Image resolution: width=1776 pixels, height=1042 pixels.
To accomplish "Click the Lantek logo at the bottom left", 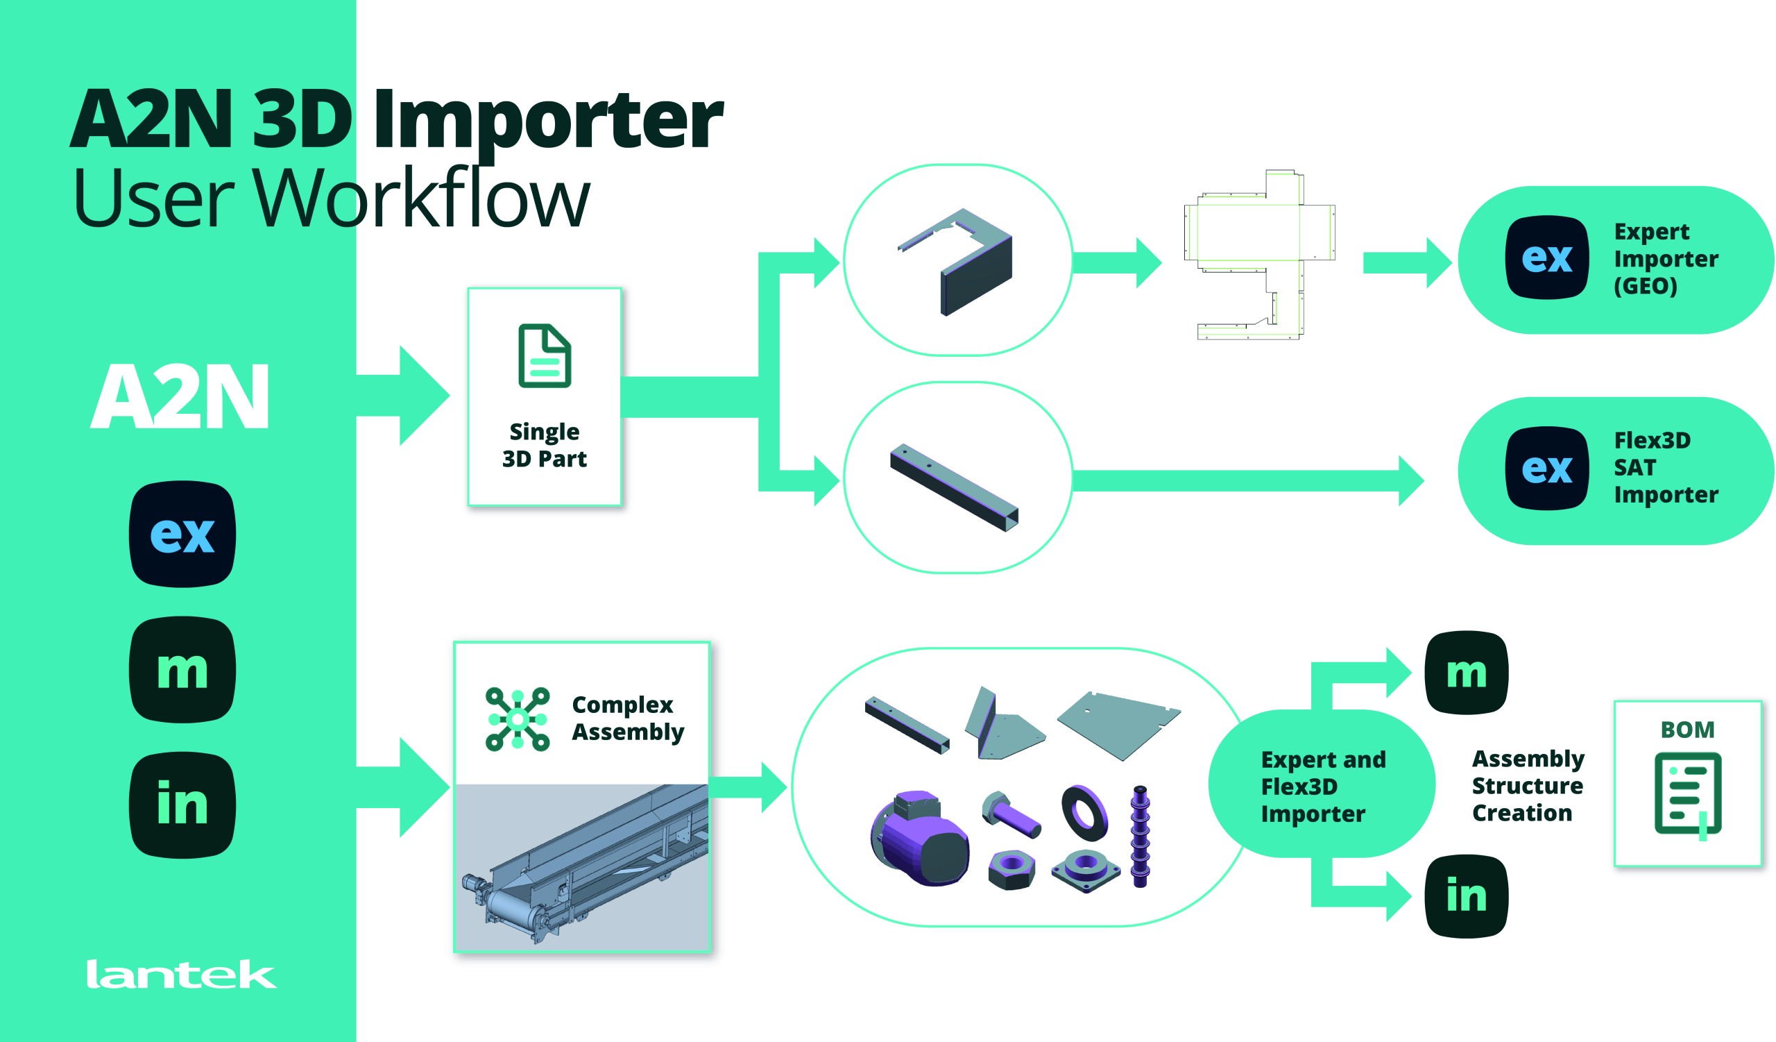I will tap(181, 975).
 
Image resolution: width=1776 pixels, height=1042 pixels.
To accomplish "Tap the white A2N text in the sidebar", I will tap(180, 396).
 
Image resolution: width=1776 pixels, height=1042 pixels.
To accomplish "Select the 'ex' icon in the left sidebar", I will tap(182, 534).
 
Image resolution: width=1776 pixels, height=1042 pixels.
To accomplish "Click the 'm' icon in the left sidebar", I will tap(182, 670).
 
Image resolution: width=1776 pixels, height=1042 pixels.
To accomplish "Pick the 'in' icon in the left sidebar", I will tap(182, 805).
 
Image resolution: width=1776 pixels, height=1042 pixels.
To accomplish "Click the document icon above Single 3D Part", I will tap(545, 356).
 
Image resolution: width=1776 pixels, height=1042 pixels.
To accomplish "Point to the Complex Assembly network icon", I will tap(518, 719).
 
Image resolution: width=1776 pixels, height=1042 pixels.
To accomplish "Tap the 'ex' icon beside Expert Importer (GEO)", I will tap(1547, 258).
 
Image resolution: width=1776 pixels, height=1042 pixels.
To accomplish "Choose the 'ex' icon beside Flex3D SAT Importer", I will tap(1547, 468).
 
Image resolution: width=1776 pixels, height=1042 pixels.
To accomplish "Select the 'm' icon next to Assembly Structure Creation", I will tap(1467, 673).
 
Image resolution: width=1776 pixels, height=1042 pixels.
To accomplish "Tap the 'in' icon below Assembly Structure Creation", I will tap(1467, 896).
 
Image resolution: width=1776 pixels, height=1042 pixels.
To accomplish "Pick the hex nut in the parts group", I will tap(1012, 870).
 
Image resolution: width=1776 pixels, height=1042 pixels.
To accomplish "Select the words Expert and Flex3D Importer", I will tap(1323, 786).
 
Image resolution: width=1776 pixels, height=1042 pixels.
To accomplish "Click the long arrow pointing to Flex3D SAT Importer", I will tap(1247, 481).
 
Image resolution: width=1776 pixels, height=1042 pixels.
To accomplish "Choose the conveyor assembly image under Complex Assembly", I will tap(582, 867).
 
